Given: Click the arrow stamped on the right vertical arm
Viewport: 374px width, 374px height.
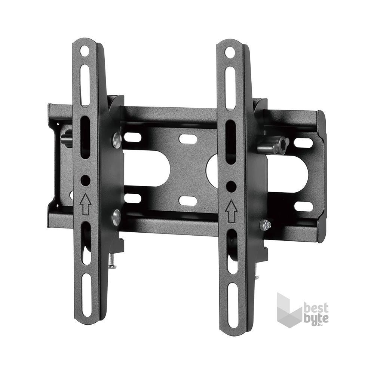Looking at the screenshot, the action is [x=231, y=210].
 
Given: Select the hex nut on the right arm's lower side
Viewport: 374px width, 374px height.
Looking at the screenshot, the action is [x=265, y=225].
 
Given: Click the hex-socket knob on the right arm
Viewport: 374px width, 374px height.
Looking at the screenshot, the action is [x=274, y=145].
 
